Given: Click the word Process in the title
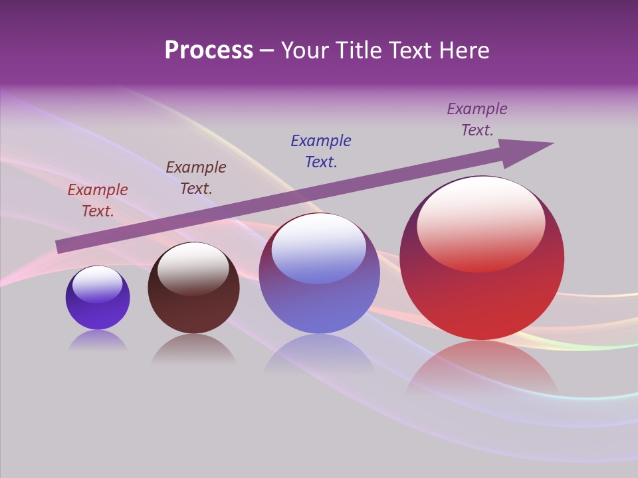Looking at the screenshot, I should pos(209,50).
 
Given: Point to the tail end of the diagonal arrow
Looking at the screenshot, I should pos(60,246).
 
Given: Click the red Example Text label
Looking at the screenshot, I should pos(98,200).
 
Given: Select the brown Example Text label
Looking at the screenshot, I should pos(196,177).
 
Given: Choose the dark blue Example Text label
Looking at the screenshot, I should pos(321,151).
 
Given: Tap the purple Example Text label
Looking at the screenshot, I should pos(477,119).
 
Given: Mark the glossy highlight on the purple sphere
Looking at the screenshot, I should pos(98,284).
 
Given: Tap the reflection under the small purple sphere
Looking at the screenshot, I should pos(98,341).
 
